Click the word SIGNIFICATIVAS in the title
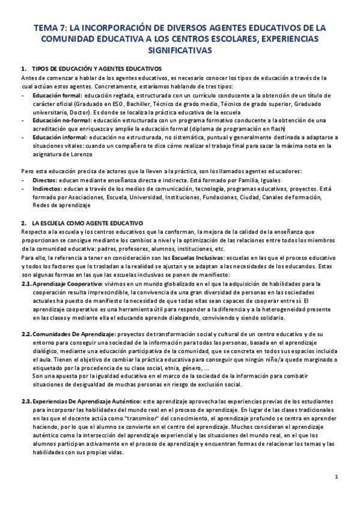[180, 51]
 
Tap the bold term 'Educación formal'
[57, 96]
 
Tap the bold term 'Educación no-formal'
[62, 120]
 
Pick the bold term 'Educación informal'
[59, 137]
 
